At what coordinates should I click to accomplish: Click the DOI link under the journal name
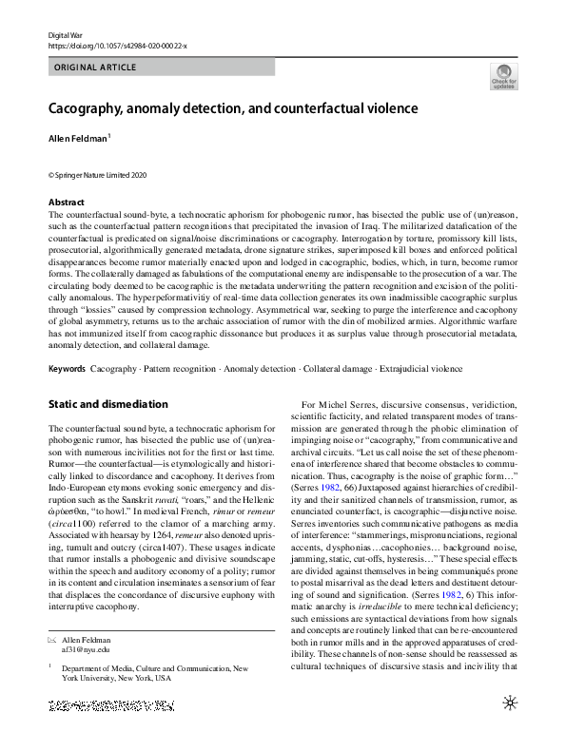pos(117,46)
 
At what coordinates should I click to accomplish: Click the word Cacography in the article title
pos(94,108)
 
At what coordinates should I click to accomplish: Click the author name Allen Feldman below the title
pos(78,139)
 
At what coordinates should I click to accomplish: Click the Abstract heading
pos(67,202)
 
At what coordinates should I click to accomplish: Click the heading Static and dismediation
pos(107,404)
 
